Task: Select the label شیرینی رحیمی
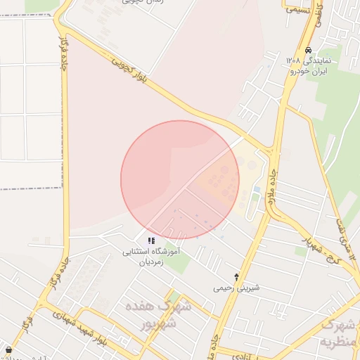(x=237, y=288)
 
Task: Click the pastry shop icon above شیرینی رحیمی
(x=237, y=276)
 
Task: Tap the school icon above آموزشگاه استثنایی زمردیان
(x=152, y=240)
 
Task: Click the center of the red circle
(x=180, y=180)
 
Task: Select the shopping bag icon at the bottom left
(x=8, y=349)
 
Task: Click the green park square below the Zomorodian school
(x=179, y=264)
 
